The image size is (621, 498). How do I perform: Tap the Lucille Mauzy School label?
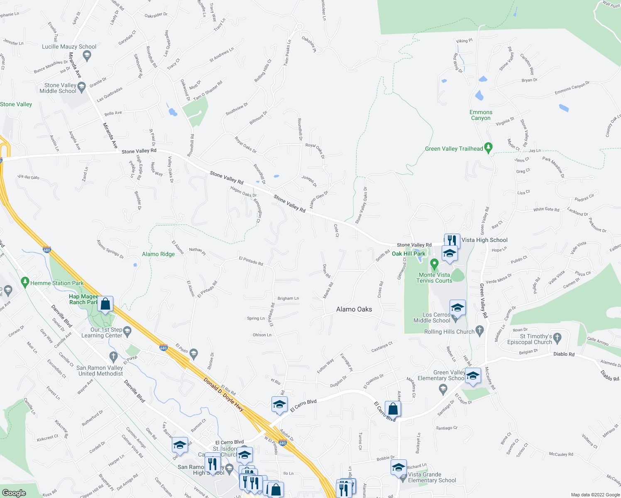[x=69, y=47]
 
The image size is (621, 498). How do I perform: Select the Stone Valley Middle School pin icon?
[x=82, y=87]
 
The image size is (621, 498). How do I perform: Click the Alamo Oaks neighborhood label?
[x=354, y=309]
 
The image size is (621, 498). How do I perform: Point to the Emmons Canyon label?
[x=481, y=115]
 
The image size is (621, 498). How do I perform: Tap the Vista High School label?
[x=484, y=240]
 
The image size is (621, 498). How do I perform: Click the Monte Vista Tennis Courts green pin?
[x=434, y=264]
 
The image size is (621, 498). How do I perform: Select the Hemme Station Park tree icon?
[x=25, y=282]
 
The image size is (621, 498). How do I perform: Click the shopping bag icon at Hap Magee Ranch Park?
[x=105, y=304]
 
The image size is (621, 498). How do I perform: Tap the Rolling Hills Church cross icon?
[x=480, y=331]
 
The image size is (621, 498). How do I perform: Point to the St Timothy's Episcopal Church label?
[x=535, y=339]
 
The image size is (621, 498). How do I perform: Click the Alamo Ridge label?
[x=158, y=254]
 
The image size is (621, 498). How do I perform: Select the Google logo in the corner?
[x=14, y=493]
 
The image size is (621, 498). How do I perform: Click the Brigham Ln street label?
[x=288, y=298]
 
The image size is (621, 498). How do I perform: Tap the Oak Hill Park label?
[x=408, y=254]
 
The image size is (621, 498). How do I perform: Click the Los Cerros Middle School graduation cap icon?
[x=457, y=308]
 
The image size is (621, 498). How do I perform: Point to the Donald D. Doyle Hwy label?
[x=223, y=395]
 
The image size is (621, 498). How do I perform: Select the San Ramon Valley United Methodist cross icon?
[x=113, y=356]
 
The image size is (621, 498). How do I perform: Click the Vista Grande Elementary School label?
[x=432, y=477]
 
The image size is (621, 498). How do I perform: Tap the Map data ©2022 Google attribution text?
[x=595, y=495]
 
